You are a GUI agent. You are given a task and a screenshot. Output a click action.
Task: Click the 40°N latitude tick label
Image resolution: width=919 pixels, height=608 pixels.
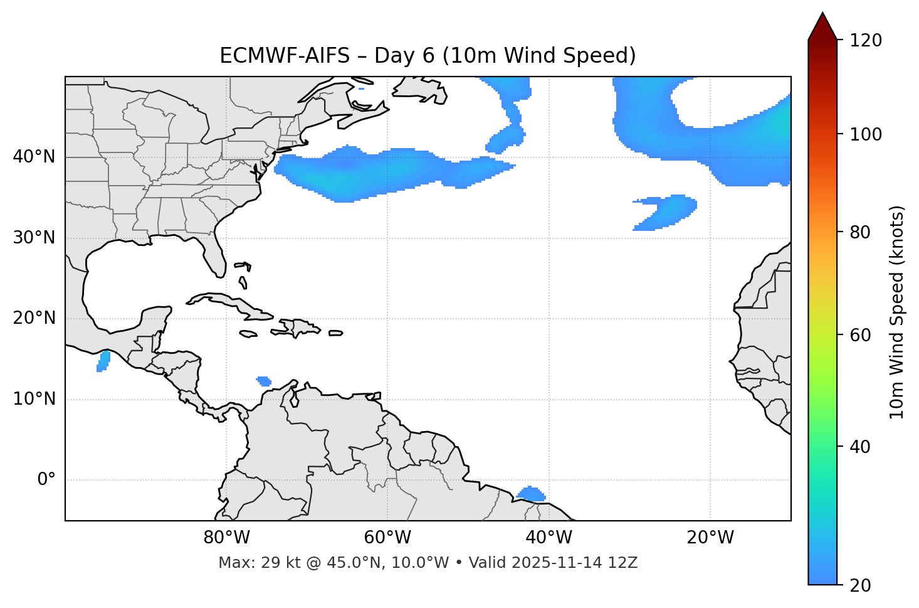(x=34, y=157)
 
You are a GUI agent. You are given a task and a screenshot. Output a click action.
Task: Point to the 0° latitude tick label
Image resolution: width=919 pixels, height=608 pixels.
(x=46, y=480)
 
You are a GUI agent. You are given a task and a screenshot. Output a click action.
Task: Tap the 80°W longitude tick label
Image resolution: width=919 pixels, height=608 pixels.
(x=226, y=538)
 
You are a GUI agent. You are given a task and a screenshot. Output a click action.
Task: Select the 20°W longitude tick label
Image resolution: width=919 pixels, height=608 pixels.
(x=710, y=538)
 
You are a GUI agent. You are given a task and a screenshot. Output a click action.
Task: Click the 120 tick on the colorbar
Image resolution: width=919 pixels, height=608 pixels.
(x=866, y=41)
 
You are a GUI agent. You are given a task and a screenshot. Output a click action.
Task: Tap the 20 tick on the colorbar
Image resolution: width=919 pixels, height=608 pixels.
(x=861, y=585)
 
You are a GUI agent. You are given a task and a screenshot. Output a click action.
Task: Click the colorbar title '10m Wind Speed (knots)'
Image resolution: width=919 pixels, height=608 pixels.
(x=897, y=312)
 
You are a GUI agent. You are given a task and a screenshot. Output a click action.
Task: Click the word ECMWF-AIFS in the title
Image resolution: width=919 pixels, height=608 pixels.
(x=284, y=56)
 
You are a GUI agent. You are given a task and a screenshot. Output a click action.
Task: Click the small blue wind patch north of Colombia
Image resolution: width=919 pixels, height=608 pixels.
(x=264, y=381)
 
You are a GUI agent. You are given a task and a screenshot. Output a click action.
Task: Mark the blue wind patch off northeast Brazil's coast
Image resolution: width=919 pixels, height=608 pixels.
(x=532, y=494)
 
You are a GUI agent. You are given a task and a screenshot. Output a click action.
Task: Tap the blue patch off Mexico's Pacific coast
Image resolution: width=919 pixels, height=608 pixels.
(x=103, y=361)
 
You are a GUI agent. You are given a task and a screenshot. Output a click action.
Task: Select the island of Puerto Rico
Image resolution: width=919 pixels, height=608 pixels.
(x=335, y=333)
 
